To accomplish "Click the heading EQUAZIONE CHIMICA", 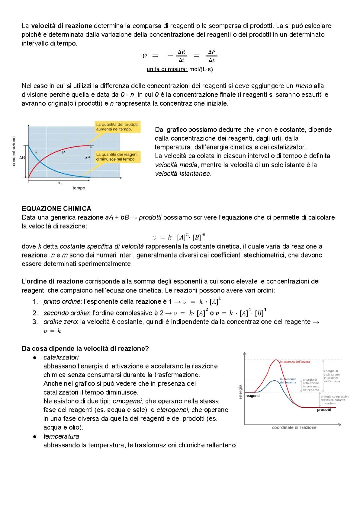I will [x=56, y=209].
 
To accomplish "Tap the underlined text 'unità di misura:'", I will [x=167, y=69].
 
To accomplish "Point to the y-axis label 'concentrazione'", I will [x=14, y=151].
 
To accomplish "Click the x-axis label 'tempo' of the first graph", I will [x=79, y=188].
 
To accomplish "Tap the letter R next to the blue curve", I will [x=36, y=152].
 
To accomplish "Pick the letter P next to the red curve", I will [x=63, y=152].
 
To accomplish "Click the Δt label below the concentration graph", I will [x=60, y=183].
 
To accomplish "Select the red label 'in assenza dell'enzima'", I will [x=295, y=361].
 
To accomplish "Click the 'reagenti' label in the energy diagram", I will [x=252, y=396].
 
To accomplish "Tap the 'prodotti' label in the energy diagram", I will [x=324, y=410].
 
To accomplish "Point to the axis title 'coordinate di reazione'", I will [x=294, y=427].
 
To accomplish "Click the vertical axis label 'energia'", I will [x=240, y=392].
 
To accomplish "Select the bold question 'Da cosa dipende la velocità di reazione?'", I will [x=85, y=348].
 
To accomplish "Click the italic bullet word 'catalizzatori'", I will [x=61, y=357].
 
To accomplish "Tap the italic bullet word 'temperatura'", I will [x=61, y=436].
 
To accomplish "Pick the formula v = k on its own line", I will [x=52, y=331].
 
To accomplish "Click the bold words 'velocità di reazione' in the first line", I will [x=62, y=26].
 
